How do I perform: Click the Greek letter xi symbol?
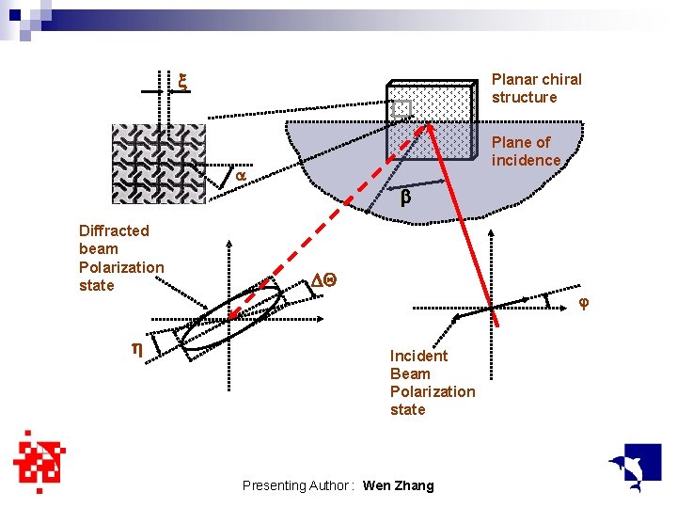pos(183,83)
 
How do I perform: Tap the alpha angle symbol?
pos(240,176)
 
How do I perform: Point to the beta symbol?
pos(406,198)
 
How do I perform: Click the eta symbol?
pos(136,348)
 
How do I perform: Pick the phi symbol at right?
pos(583,303)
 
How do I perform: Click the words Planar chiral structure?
pos(536,88)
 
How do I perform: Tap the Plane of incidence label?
pos(526,151)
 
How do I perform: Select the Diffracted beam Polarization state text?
pos(121,258)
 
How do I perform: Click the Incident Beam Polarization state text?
pos(433,382)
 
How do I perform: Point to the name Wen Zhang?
pos(398,485)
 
